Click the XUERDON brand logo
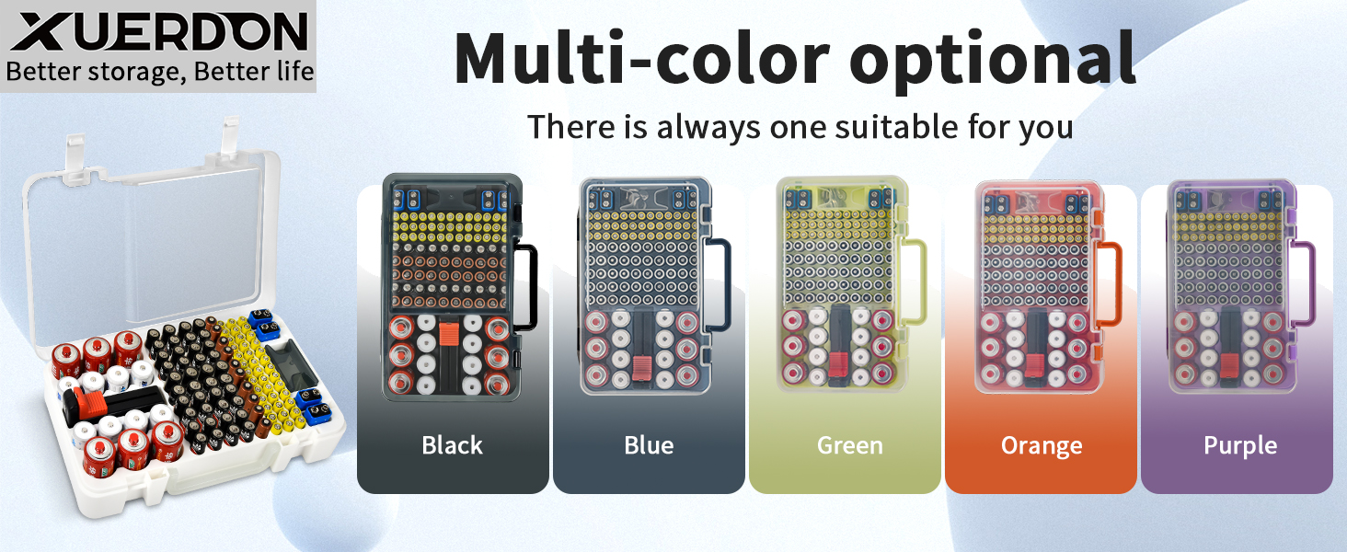pos(159,31)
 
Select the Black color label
pos(452,445)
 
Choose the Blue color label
pos(649,445)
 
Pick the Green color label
pos(849,445)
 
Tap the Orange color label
pos(1042,446)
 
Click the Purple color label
pos(1240,446)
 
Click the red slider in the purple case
pos(1229,365)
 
